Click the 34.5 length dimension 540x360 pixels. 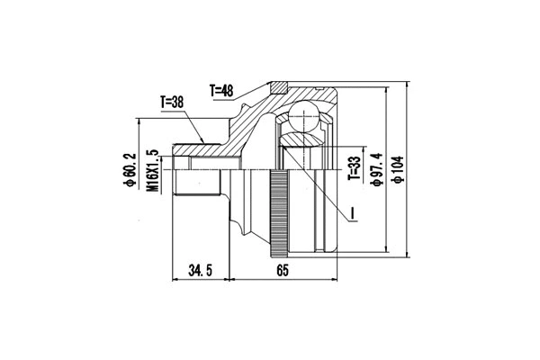200,269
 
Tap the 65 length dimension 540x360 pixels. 283,269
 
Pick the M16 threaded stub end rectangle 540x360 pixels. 199,184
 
